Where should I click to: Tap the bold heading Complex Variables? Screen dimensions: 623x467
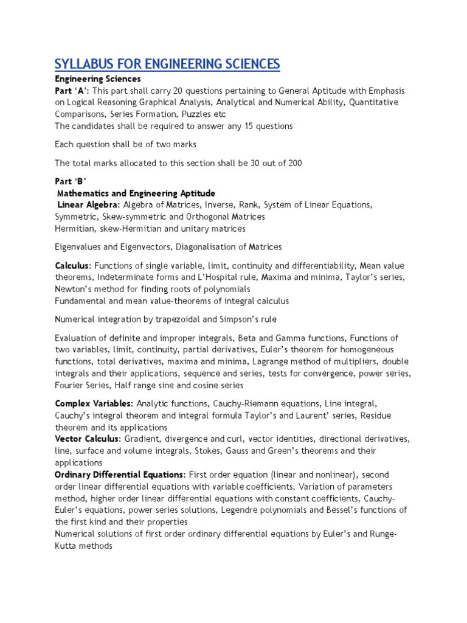coord(93,403)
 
